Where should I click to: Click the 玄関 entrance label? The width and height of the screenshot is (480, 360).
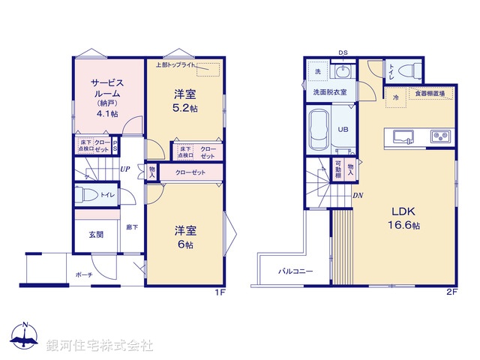click(97, 235)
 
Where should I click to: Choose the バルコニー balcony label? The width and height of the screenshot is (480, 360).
click(295, 271)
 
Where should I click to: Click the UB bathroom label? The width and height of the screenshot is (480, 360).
click(343, 129)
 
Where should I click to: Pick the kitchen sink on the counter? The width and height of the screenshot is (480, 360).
click(402, 136)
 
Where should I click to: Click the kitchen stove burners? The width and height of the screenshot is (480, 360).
click(439, 136)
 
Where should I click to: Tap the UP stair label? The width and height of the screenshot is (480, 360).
click(126, 169)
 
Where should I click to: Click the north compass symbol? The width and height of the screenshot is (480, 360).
click(25, 337)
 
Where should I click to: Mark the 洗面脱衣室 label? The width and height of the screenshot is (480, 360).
click(329, 91)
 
